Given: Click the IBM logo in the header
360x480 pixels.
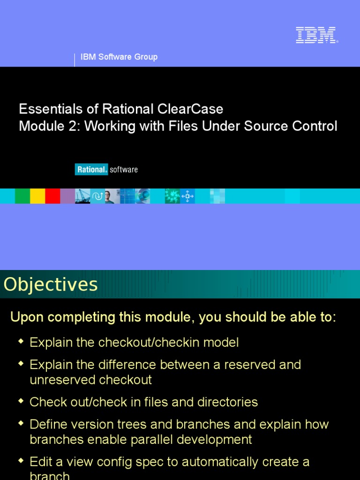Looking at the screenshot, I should pos(316,36).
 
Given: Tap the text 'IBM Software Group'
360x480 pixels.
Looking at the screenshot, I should pos(119,57).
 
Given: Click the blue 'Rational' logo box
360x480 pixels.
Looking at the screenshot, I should pos(91,169).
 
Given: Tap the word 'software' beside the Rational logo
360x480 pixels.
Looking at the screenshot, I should pos(124,169).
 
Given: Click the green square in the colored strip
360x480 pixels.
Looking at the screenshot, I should pos(22,196).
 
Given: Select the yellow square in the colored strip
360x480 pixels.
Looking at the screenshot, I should pos(37,196).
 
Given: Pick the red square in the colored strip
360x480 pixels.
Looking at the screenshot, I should pos(52,196).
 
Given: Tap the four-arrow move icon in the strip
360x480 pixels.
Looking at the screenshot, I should pos(187,196).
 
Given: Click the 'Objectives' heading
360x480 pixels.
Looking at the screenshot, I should pos(51,285).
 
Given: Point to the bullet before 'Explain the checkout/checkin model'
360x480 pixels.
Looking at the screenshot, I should pos(21,342).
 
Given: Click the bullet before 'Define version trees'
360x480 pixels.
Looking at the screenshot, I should pos(21,424).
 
